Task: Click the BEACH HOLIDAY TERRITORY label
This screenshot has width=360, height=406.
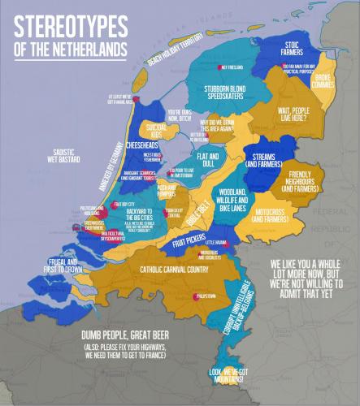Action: point(185,52)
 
